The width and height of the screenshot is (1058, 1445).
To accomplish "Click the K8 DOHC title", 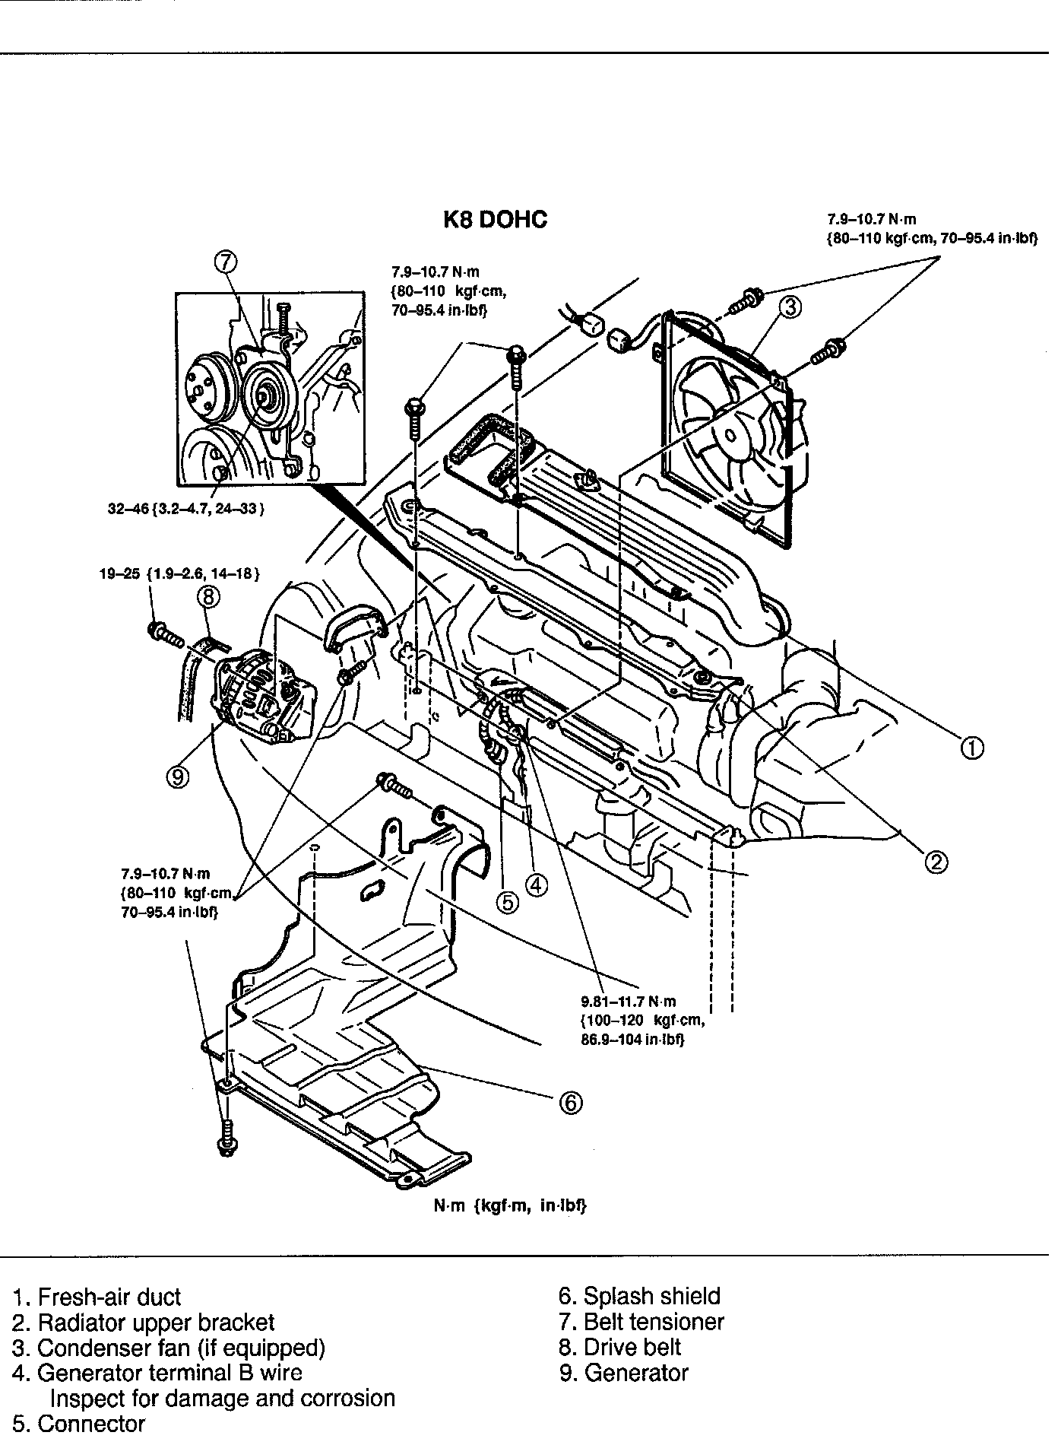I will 495,220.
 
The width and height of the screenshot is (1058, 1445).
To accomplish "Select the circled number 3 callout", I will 790,306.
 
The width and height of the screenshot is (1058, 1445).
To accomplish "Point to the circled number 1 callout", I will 972,748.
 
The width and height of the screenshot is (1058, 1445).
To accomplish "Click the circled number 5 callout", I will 507,902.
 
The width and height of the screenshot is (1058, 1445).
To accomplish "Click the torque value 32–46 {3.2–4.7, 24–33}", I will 185,509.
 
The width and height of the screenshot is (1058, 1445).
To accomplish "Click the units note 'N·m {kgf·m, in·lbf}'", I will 510,1206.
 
